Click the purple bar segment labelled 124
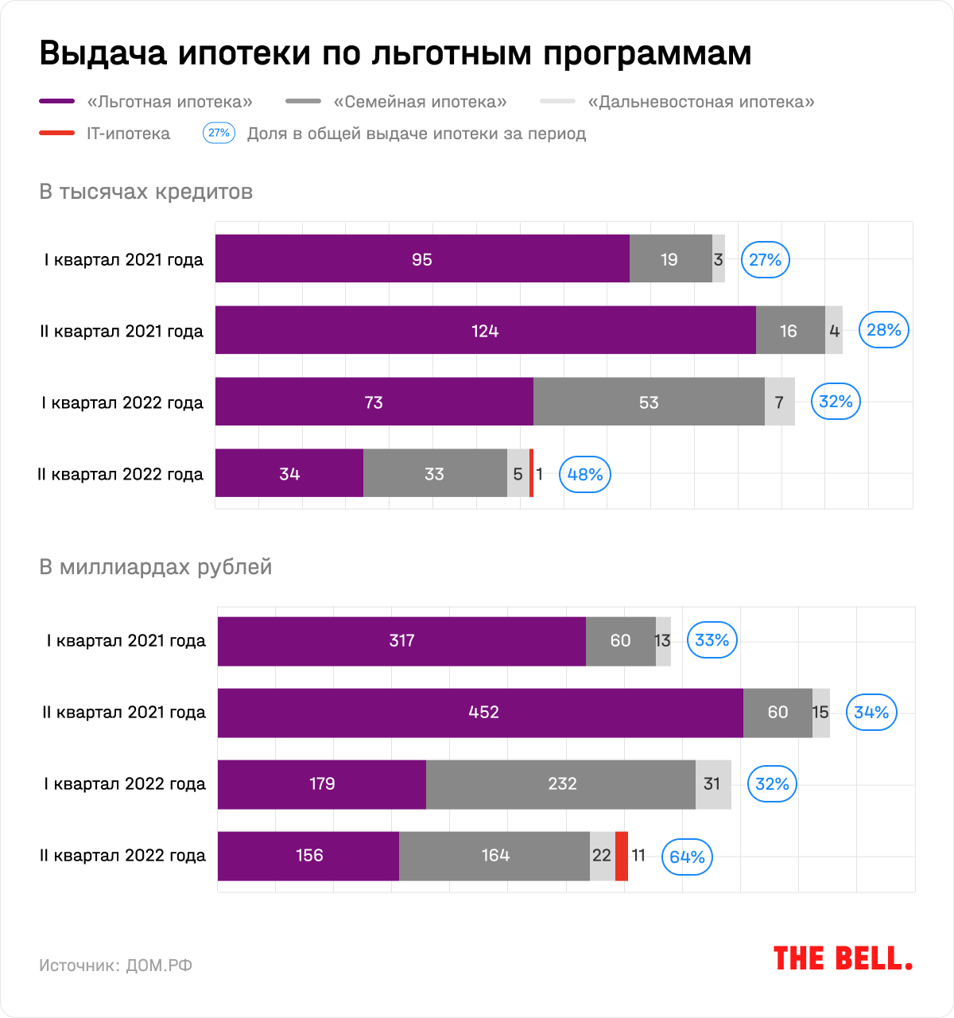485,330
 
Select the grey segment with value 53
649,402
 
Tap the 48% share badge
585,475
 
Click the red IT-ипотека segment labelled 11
622,856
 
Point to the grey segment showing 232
561,784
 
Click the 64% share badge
687,857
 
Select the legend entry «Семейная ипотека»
420,102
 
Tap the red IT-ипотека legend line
56,134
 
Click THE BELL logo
843,958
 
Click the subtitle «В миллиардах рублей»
156,567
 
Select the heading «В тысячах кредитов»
146,192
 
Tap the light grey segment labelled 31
713,784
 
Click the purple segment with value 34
289,473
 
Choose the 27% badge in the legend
219,133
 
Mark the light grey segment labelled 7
779,402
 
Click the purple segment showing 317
401,641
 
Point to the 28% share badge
883,330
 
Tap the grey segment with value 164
494,856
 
